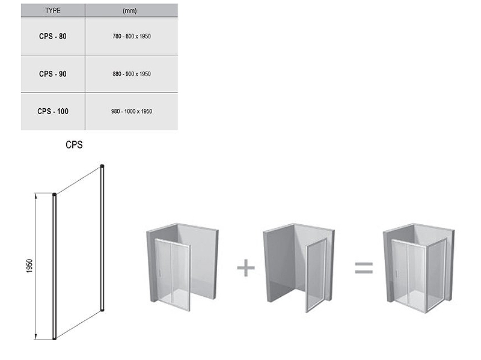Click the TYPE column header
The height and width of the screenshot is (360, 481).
click(x=53, y=10)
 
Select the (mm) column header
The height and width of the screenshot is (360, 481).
click(x=129, y=11)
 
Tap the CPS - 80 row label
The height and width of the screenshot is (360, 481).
click(x=53, y=36)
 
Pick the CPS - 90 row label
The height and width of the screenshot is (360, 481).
click(x=53, y=74)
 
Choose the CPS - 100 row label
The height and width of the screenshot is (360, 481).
click(x=53, y=111)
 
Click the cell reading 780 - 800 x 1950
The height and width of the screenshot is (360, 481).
click(x=132, y=36)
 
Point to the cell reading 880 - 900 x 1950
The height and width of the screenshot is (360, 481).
click(x=132, y=74)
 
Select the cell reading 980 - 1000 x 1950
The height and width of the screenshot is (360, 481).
click(x=132, y=111)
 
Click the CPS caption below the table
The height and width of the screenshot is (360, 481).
click(x=74, y=145)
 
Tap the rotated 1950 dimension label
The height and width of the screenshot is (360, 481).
click(x=29, y=266)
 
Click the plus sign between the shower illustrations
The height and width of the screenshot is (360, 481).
click(x=246, y=267)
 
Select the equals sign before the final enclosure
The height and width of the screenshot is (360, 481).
click(x=364, y=267)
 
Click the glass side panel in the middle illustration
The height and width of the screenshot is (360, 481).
click(x=316, y=275)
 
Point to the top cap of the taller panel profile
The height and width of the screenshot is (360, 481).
click(x=102, y=166)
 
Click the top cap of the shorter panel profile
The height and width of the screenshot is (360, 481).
click(x=55, y=195)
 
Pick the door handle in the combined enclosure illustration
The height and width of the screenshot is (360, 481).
click(x=397, y=273)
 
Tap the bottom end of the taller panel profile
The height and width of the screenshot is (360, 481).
click(x=102, y=310)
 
